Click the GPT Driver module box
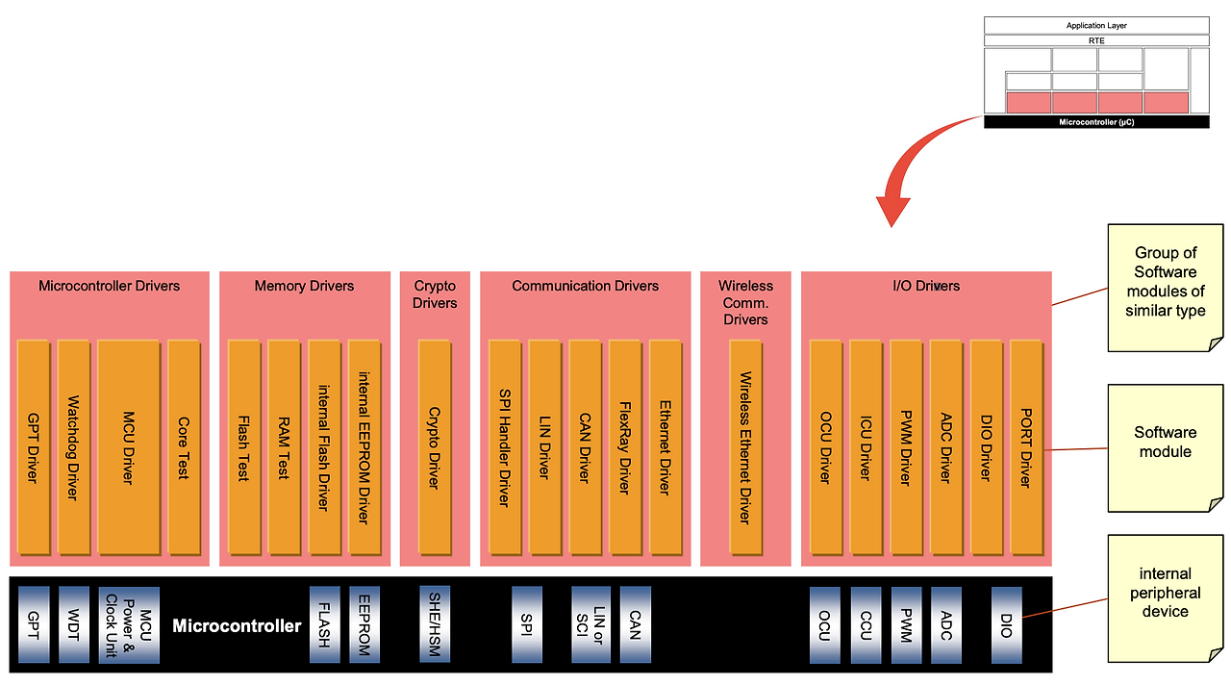(x=34, y=446)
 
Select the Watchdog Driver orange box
(x=73, y=446)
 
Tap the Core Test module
(x=183, y=446)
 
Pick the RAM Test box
(x=284, y=446)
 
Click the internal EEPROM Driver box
(x=364, y=446)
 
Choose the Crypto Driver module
(x=434, y=446)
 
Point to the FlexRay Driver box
(x=624, y=446)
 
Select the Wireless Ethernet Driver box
(x=744, y=446)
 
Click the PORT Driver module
(x=1025, y=446)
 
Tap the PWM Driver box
(x=905, y=446)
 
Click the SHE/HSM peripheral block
(x=435, y=623)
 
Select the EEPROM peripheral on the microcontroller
(x=364, y=623)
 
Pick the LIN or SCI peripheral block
(x=590, y=623)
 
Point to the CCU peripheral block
(x=866, y=623)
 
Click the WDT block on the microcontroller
(x=73, y=623)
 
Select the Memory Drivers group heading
(x=304, y=286)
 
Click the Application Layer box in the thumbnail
(x=1096, y=25)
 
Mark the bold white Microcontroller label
(x=237, y=626)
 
